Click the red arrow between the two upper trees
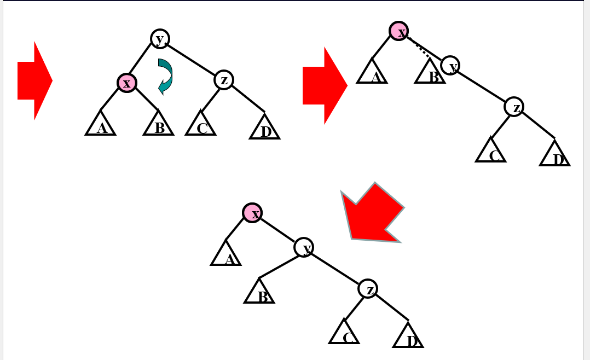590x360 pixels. click(325, 85)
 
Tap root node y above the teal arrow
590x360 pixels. click(160, 38)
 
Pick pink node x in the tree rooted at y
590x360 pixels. click(127, 83)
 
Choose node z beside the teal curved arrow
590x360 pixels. click(224, 80)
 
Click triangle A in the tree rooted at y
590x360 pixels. click(101, 123)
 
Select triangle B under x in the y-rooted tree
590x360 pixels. click(158, 123)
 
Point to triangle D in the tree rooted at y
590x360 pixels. click(264, 126)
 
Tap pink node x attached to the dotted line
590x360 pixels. click(398, 31)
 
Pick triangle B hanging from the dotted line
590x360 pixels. click(430, 71)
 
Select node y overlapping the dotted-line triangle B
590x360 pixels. click(450, 66)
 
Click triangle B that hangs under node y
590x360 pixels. click(259, 291)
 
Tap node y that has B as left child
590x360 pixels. click(304, 247)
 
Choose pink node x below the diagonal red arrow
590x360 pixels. click(252, 212)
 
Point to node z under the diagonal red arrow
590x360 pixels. click(368, 288)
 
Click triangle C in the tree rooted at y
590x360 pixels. click(200, 124)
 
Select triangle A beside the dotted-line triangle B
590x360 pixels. click(372, 71)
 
